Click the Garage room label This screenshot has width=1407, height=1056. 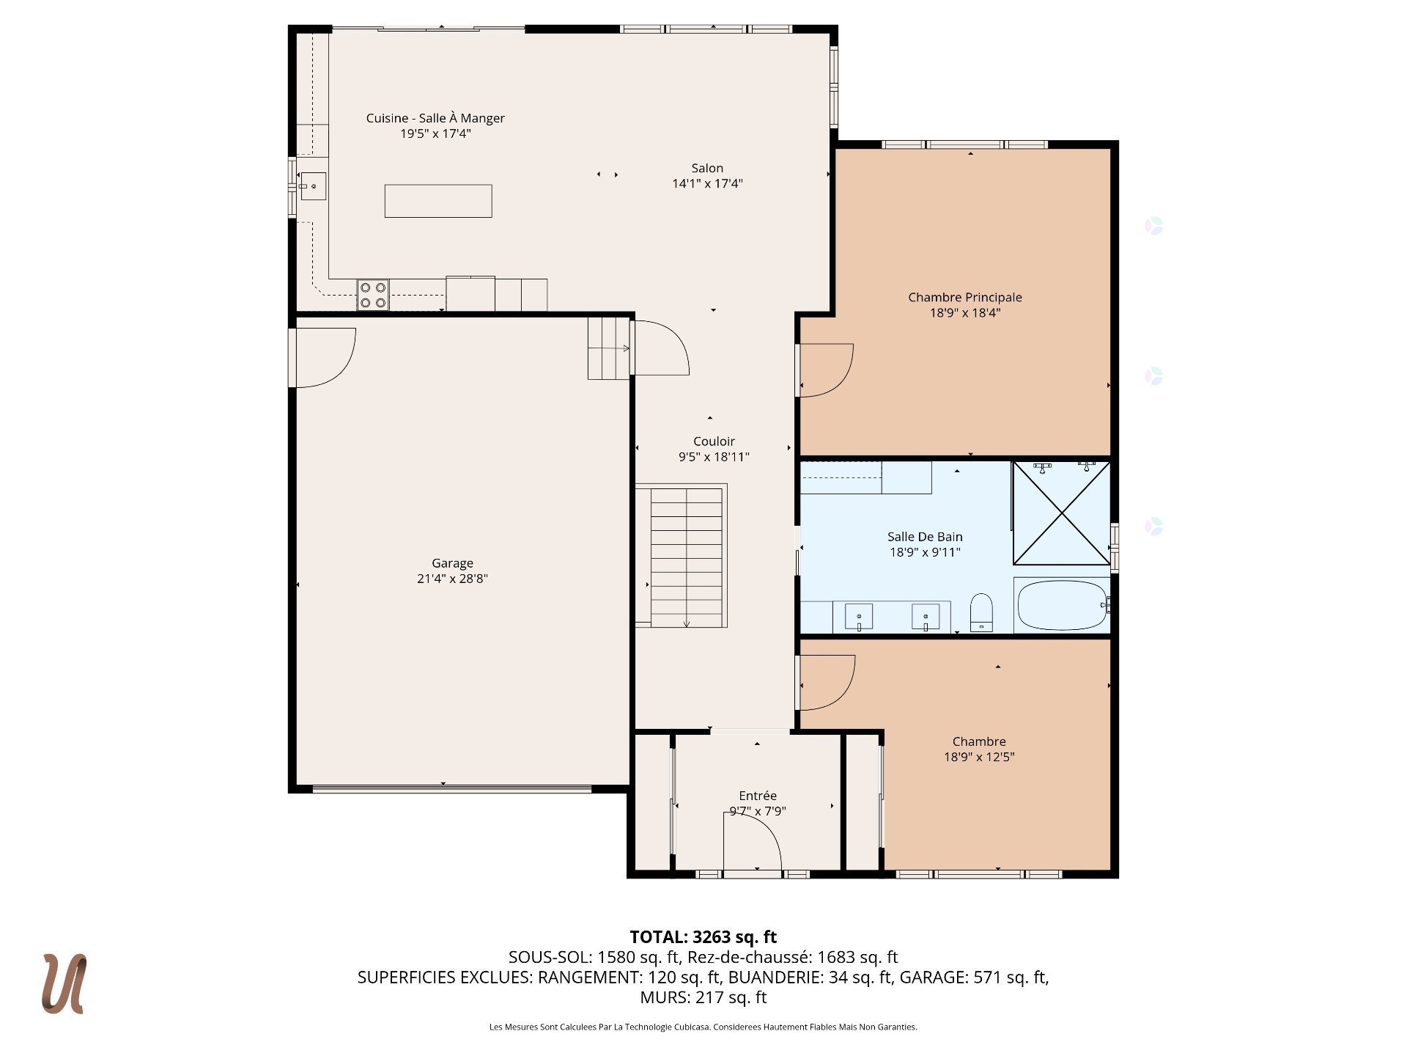(452, 563)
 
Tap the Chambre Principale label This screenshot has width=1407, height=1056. (965, 297)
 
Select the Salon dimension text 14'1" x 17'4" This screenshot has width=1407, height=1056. (707, 183)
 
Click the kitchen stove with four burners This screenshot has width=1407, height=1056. (373, 295)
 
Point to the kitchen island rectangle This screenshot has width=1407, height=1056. (438, 201)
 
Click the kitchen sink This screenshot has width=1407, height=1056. (313, 186)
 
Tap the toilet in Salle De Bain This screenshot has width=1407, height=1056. (981, 612)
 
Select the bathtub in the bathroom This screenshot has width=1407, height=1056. (1062, 605)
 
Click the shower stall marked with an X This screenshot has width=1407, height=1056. (1061, 513)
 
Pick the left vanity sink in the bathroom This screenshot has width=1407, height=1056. (859, 617)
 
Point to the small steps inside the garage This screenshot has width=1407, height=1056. (609, 348)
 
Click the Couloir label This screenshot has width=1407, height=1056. (714, 441)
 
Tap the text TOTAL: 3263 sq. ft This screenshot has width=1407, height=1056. (703, 936)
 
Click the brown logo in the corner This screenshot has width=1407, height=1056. (64, 983)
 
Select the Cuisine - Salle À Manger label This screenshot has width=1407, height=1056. (435, 118)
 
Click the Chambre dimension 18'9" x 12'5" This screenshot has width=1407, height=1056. (979, 757)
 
